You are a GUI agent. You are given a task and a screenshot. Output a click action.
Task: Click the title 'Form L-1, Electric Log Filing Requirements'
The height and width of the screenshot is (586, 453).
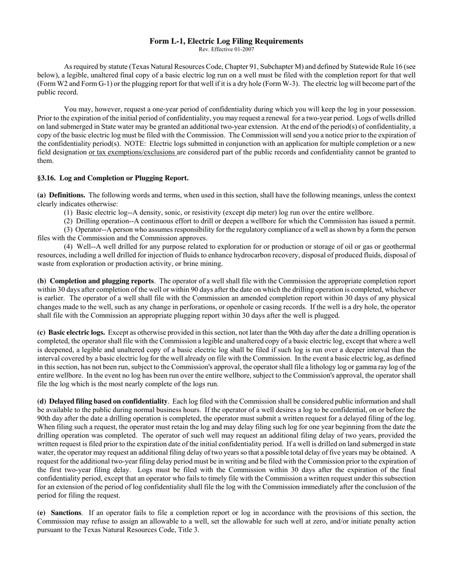click(226, 41)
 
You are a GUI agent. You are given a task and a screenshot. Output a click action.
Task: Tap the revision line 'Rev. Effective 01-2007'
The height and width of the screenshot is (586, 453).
click(226, 49)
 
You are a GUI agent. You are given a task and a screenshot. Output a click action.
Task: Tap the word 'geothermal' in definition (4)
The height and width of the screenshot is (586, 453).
click(398, 247)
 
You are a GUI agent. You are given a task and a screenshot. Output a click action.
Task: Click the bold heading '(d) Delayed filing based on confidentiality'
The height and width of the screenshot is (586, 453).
click(103, 401)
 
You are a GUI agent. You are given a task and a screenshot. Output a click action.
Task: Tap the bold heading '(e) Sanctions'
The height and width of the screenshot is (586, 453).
click(60, 513)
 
